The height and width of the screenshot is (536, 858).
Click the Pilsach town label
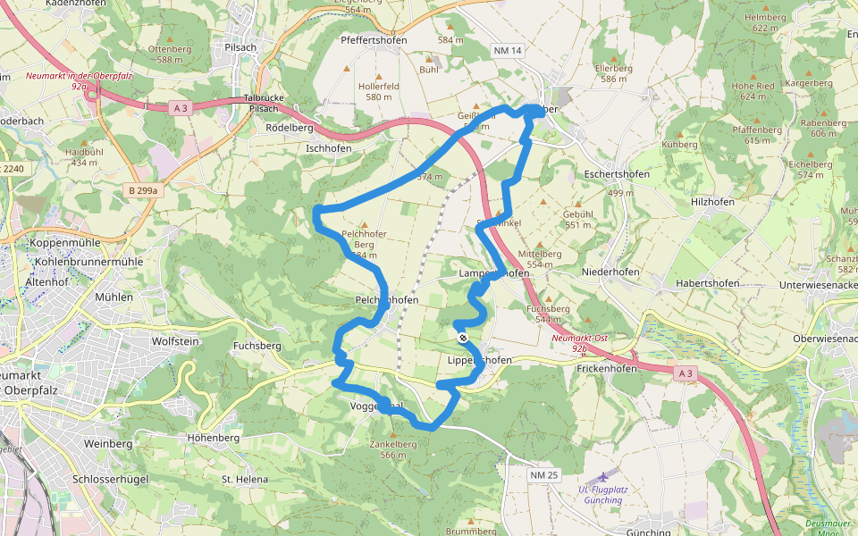point(241,46)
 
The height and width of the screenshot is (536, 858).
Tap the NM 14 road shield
point(507,51)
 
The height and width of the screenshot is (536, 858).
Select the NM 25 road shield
point(543,475)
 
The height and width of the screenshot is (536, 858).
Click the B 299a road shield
point(142,190)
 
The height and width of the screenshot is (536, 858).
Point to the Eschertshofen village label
point(620,174)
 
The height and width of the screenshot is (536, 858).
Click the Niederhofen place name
point(612,271)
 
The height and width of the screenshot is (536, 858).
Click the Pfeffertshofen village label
point(374,40)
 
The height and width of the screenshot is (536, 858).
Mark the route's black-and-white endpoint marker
point(463,338)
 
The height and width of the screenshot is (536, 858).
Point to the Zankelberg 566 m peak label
point(392,448)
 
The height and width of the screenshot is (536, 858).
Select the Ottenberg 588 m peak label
point(170,54)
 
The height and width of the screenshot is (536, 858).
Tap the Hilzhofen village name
point(712,202)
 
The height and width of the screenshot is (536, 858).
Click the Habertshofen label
point(708,283)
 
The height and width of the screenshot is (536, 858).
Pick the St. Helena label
point(245,480)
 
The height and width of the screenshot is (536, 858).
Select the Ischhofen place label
point(328,148)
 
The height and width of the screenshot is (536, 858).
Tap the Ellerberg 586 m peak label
point(614,73)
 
